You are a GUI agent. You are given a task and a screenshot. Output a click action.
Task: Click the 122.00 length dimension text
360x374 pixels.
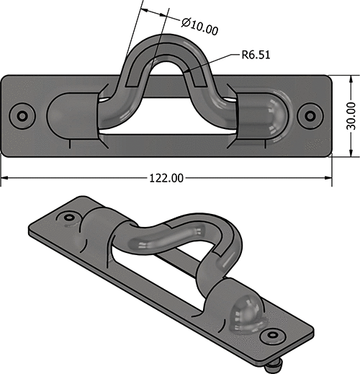click(166, 177)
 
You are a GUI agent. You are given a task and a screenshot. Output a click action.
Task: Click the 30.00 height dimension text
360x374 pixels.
click(351, 115)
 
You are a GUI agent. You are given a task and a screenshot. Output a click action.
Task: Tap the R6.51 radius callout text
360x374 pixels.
click(256, 54)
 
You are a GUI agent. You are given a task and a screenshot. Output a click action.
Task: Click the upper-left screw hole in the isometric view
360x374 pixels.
click(69, 217)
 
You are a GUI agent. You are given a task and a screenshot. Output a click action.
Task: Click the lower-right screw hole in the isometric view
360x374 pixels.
click(272, 336)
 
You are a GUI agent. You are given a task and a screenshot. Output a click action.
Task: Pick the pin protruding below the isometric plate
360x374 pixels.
click(274, 367)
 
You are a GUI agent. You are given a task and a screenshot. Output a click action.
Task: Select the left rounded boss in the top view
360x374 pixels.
click(68, 115)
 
